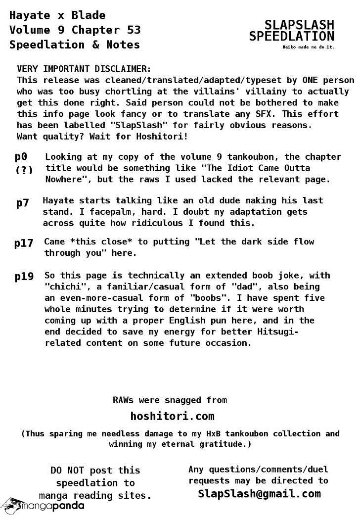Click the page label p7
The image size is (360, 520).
point(23,203)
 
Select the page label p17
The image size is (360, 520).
point(24,243)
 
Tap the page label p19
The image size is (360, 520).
point(24,277)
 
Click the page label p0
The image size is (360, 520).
point(21,157)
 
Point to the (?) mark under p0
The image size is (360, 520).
point(24,170)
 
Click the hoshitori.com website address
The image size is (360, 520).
point(172,416)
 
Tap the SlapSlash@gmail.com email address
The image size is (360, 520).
point(259,493)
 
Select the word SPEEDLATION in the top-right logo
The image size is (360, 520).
point(292,37)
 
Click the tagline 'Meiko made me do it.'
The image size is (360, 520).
point(309,47)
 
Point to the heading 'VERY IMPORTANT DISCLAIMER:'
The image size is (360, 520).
point(84,69)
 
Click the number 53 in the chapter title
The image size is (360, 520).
point(134,30)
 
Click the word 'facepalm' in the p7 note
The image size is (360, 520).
point(166,212)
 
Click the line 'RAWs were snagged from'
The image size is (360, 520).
point(170,400)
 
